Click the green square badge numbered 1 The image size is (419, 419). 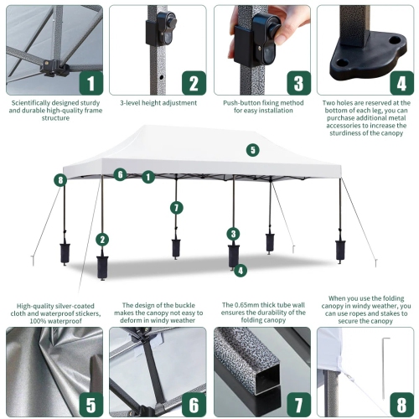[91, 83]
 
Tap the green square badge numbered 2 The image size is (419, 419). [194, 83]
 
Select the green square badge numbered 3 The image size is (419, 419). [297, 83]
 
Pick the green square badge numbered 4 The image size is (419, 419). [401, 83]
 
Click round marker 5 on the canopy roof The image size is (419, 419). [252, 150]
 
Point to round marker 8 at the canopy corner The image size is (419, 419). [59, 179]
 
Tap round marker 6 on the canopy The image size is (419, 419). [121, 174]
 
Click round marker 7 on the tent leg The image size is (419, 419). [176, 207]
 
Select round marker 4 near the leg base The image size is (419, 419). [241, 270]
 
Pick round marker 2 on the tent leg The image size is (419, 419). [102, 239]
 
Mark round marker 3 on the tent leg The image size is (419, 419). [233, 234]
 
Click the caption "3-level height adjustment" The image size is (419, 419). [158, 103]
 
